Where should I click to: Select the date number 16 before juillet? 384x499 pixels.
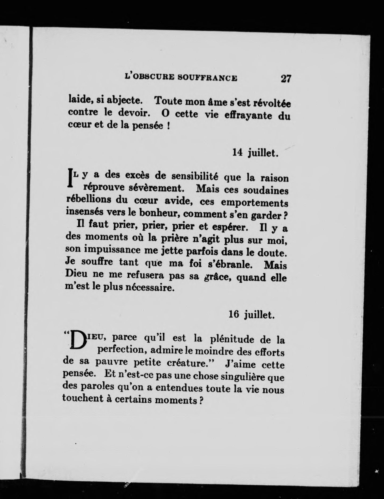tap(234, 315)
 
